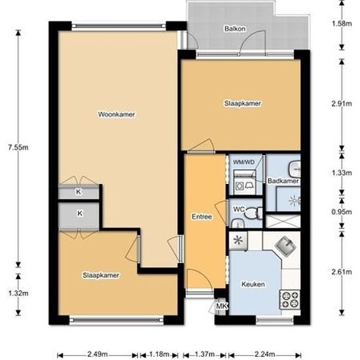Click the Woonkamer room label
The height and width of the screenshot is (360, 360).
[x=117, y=115]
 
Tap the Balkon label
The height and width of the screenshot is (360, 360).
[x=235, y=29]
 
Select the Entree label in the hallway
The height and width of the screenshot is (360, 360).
[x=202, y=217]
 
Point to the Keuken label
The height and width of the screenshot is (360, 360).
[x=253, y=284]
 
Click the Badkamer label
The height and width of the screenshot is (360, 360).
[x=283, y=181]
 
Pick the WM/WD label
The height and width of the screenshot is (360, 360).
[x=244, y=162]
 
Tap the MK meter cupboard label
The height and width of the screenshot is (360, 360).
[x=222, y=306]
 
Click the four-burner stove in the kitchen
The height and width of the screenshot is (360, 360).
[x=289, y=300]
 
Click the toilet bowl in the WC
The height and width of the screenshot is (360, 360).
[x=251, y=213]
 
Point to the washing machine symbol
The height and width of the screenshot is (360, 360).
[x=239, y=185]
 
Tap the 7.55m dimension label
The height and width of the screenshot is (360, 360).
[x=18, y=147]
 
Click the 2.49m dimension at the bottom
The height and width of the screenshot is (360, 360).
[x=98, y=354]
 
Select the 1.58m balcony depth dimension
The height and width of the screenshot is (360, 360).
[x=342, y=24]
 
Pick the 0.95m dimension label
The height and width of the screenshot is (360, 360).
[x=342, y=212]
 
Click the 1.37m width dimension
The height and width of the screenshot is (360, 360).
[x=205, y=354]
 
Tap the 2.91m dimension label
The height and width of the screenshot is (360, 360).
[x=342, y=104]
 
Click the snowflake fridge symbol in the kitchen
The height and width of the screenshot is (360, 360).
[x=238, y=240]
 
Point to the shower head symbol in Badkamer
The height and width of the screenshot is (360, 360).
[x=295, y=201]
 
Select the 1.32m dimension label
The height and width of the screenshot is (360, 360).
[x=18, y=293]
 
